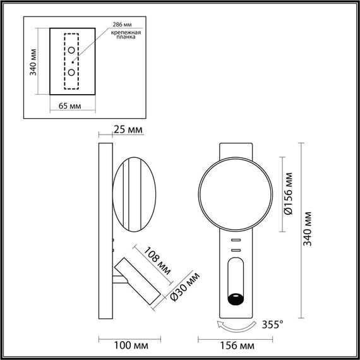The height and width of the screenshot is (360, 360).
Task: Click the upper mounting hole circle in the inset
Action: tap(71, 51)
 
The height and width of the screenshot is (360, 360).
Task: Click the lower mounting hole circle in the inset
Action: tap(71, 72)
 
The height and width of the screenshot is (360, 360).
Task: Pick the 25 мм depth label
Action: tap(127, 130)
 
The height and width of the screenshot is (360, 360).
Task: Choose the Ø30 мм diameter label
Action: tap(184, 285)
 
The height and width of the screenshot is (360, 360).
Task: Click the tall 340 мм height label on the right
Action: tap(308, 229)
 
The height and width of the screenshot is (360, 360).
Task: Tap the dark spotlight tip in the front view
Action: tap(236, 298)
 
